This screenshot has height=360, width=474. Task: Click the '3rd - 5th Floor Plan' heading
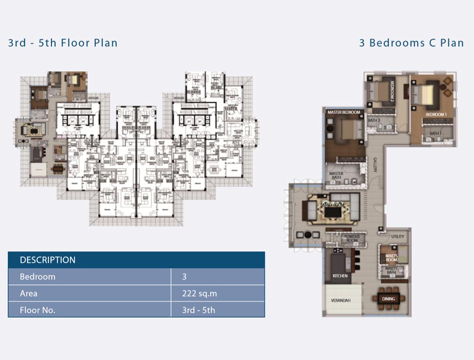pyautogui.click(x=63, y=42)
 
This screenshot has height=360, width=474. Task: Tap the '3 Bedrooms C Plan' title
pyautogui.click(x=411, y=42)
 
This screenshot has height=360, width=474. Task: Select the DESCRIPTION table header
pyautogui.click(x=47, y=260)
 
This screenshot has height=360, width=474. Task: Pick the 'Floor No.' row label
pyautogui.click(x=37, y=310)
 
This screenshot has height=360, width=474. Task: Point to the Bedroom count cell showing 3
pyautogui.click(x=185, y=277)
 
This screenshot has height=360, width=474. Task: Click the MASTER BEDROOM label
pyautogui.click(x=344, y=112)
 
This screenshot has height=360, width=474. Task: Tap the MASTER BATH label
pyautogui.click(x=336, y=176)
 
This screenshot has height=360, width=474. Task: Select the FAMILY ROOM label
pyautogui.click(x=333, y=204)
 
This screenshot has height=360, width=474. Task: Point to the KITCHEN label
pyautogui.click(x=340, y=276)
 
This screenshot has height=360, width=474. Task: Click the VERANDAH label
pyautogui.click(x=341, y=300)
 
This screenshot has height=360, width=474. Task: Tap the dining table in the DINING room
pyautogui.click(x=389, y=299)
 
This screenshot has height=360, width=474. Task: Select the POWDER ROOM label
pyautogui.click(x=352, y=239)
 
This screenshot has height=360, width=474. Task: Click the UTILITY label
pyautogui.click(x=398, y=237)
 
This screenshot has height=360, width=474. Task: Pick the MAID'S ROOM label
pyautogui.click(x=391, y=258)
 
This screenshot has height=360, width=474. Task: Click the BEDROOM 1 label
pyautogui.click(x=436, y=115)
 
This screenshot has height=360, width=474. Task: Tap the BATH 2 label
pyautogui.click(x=374, y=121)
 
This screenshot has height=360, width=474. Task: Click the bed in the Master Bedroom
pyautogui.click(x=347, y=130)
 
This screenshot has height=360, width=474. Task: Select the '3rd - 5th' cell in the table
pyautogui.click(x=198, y=310)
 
